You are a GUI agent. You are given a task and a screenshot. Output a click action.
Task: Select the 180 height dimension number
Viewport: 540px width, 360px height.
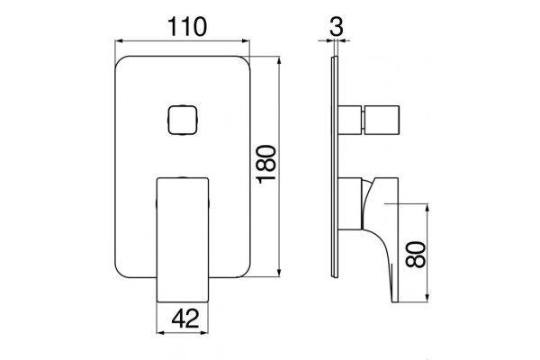point(266,165)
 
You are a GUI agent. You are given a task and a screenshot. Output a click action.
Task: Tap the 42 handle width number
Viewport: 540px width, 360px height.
point(185,319)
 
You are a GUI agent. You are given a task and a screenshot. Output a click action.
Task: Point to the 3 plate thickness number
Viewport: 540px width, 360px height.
point(337,27)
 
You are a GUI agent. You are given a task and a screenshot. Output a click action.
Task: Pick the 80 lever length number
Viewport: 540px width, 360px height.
point(416,254)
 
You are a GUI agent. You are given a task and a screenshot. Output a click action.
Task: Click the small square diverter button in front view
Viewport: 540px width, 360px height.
point(183,120)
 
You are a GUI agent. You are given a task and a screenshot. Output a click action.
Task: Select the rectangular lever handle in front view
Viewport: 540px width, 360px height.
point(183,240)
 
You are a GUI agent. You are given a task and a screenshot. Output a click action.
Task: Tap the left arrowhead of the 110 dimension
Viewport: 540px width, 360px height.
point(119,41)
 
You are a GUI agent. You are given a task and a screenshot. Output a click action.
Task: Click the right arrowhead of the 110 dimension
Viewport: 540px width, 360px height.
point(246,41)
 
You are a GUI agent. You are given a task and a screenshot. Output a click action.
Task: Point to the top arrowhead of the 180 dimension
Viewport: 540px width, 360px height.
point(279,60)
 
